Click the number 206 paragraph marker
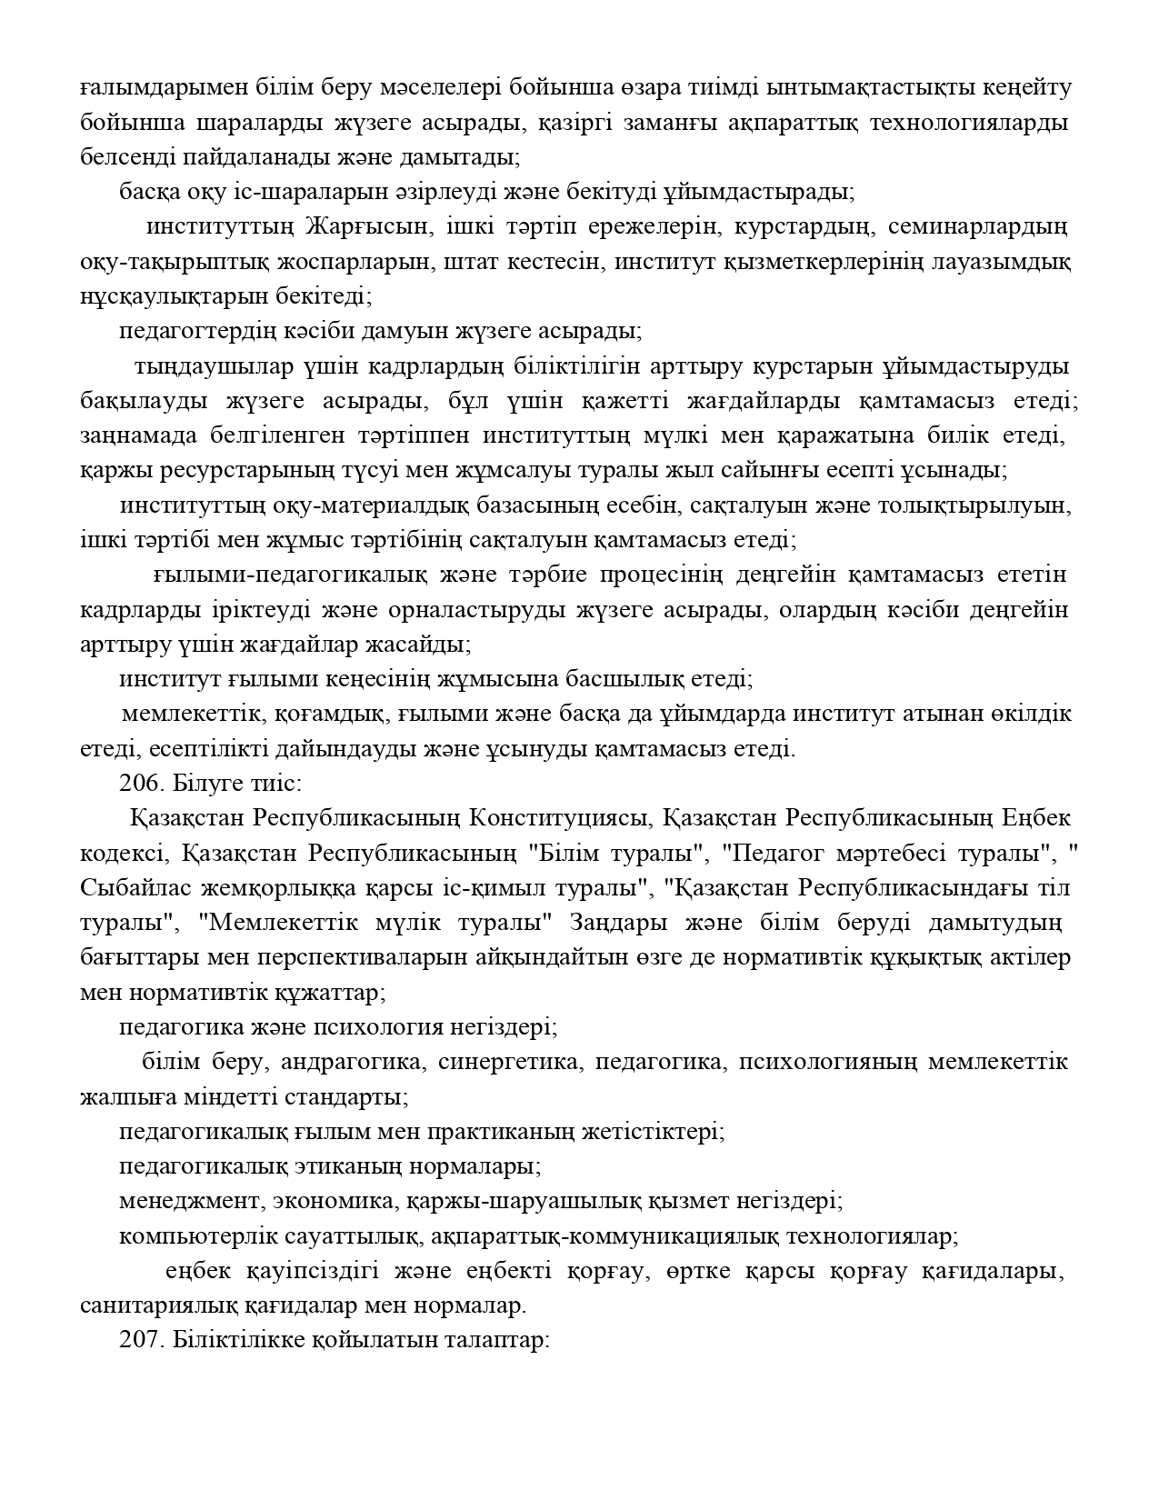pos(138,783)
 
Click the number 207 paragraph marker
pos(138,1341)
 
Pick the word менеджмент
pos(188,1201)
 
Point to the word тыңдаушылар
pos(215,366)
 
